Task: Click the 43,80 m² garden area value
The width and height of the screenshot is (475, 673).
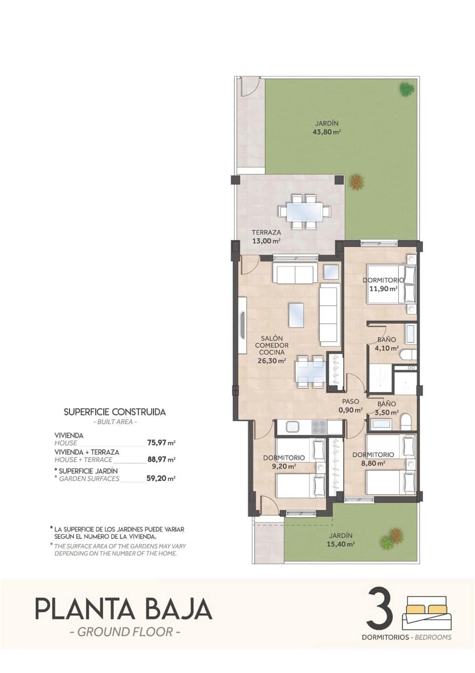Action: [327, 133]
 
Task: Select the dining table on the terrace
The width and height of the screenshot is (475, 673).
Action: [305, 212]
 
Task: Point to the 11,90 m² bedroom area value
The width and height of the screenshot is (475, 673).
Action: [383, 289]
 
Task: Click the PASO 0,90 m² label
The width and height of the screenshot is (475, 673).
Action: [351, 406]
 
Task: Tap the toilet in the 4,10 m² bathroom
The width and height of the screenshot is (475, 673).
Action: [408, 354]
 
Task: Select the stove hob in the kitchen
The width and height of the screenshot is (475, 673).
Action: [319, 427]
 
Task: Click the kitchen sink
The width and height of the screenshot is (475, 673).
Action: [294, 427]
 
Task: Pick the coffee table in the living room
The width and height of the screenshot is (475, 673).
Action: [296, 315]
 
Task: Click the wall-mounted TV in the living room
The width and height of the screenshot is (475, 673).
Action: [243, 325]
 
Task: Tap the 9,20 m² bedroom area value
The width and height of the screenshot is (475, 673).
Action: [284, 465]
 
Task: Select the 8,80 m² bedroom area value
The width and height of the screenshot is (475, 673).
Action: [373, 463]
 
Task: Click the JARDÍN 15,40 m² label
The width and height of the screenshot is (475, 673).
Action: [341, 540]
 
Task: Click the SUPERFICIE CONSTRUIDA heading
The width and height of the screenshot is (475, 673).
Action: [115, 412]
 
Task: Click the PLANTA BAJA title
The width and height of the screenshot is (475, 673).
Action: [124, 610]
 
